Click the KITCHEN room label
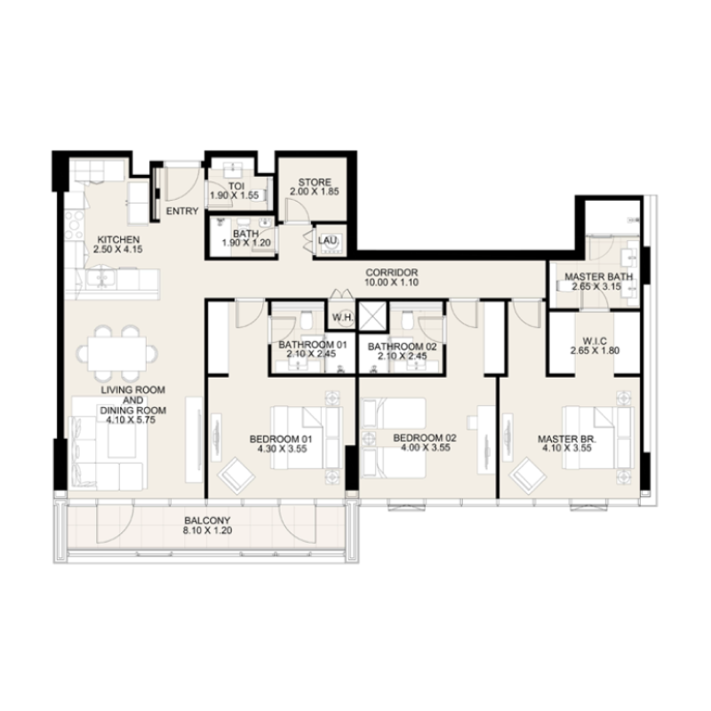[x=118, y=240]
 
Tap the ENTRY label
[x=182, y=212]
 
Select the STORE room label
[x=315, y=182]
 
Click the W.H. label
[x=342, y=317]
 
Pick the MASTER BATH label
[x=598, y=276]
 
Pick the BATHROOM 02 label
[x=399, y=345]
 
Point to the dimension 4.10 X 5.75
[x=123, y=421]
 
